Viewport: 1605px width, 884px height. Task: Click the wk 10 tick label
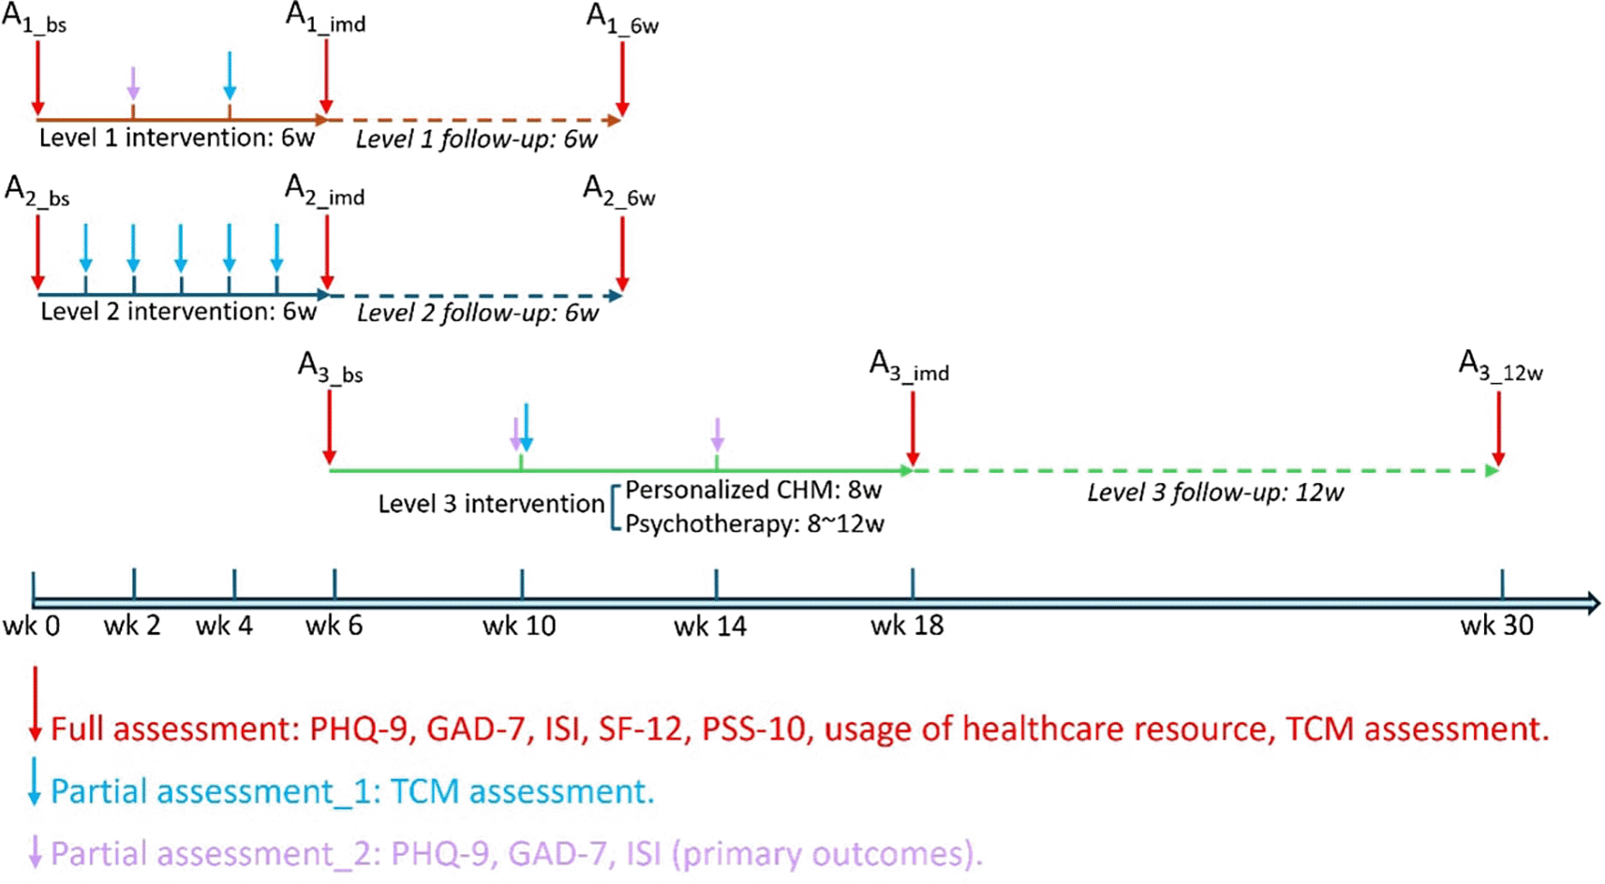[519, 626]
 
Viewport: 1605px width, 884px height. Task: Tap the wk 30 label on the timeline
[1496, 626]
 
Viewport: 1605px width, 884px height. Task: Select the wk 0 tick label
[31, 626]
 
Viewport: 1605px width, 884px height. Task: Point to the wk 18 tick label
[907, 626]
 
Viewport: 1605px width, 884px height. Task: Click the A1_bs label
[35, 20]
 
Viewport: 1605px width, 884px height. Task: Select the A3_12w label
[1500, 366]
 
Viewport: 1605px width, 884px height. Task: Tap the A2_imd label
[324, 192]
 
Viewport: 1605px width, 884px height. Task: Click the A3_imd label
[909, 366]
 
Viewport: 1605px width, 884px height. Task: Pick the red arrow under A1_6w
[622, 79]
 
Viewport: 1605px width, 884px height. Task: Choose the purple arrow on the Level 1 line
[133, 82]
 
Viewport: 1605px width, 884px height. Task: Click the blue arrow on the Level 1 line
[230, 75]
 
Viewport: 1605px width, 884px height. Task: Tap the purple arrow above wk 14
[717, 434]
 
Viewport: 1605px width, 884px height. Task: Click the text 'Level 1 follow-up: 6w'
[476, 140]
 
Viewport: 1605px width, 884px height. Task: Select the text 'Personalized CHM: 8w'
[753, 490]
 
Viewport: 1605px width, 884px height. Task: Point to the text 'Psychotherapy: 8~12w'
[754, 523]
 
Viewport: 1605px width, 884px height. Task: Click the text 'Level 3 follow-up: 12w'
[1215, 493]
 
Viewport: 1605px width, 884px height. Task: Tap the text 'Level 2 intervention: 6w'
[178, 312]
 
